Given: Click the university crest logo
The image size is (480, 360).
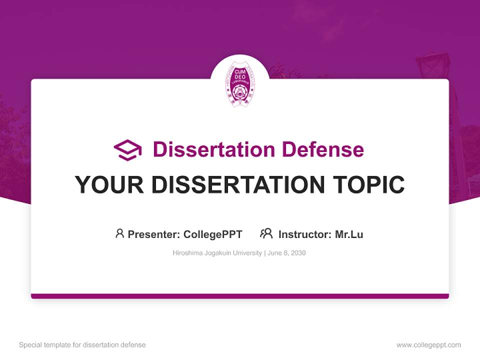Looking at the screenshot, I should pos(239,83).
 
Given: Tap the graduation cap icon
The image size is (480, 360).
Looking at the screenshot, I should pos(127,150).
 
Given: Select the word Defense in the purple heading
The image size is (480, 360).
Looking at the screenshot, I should pos(322,149).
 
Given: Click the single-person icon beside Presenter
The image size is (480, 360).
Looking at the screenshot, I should pos(119,233).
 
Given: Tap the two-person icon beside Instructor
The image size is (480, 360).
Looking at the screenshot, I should pos(266,233).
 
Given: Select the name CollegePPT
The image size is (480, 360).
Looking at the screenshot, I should pos(213,234).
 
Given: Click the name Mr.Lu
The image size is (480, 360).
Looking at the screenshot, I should pos(349,234).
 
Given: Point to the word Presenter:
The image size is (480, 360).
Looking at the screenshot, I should pos(154,234).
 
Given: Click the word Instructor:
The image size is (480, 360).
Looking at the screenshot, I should pos(305,234).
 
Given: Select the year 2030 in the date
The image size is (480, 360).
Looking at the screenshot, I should pos(298,253).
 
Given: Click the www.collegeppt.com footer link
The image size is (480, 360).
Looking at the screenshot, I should pos(428,345).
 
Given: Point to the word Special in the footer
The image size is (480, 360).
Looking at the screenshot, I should pos(29,345).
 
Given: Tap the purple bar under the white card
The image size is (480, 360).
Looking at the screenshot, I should pos(240,296).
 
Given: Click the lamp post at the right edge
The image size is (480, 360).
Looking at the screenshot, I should pos(433,65).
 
